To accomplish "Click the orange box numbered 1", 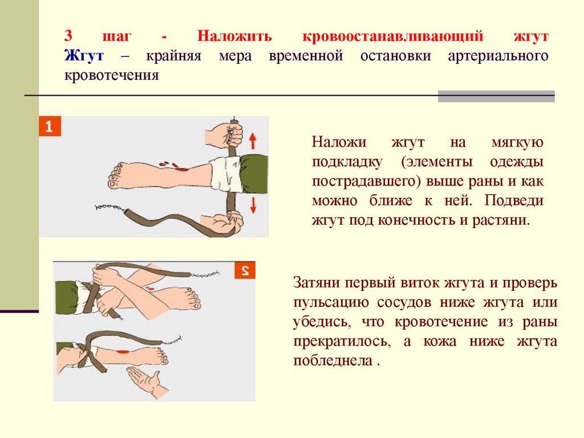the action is click(50, 127).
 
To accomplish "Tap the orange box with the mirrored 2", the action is click(245, 270).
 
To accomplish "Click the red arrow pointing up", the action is click(253, 141).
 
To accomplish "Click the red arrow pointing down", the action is click(253, 205).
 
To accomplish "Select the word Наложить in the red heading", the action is click(234, 36).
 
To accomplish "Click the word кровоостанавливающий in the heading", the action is click(392, 36).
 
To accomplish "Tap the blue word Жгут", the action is click(84, 55).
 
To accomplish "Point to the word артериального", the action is click(498, 56).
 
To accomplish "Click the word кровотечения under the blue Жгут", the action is click(112, 75).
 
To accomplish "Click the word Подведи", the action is click(514, 201).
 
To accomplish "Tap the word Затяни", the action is click(317, 282).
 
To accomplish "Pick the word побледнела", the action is click(332, 360).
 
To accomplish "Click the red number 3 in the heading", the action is click(68, 36).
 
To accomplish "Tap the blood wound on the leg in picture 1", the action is click(181, 169).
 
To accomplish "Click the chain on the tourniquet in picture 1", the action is click(108, 207).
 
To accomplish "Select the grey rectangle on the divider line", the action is click(496, 96).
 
